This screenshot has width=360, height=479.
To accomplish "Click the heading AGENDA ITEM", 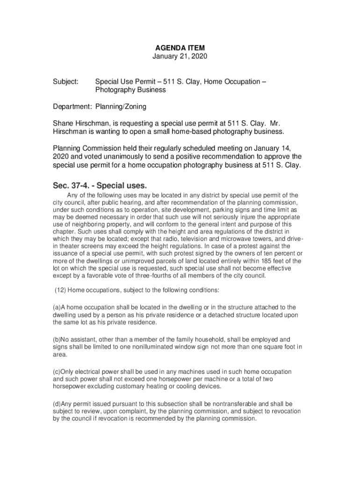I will pyautogui.click(x=180, y=48).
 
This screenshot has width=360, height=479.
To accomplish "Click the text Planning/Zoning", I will pyautogui.click(x=121, y=107).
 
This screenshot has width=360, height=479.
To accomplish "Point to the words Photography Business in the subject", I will pyautogui.click(x=130, y=90).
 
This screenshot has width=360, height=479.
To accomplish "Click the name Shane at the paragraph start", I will pyautogui.click(x=63, y=123).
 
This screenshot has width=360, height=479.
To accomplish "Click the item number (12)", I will pyautogui.click(x=60, y=290).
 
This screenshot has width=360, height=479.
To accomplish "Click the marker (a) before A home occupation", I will pyautogui.click(x=56, y=307).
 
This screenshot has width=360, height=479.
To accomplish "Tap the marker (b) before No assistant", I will pyautogui.click(x=56, y=339).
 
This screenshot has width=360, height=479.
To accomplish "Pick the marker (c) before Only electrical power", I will pyautogui.click(x=56, y=371).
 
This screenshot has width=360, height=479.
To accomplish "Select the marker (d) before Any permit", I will pyautogui.click(x=56, y=404).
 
